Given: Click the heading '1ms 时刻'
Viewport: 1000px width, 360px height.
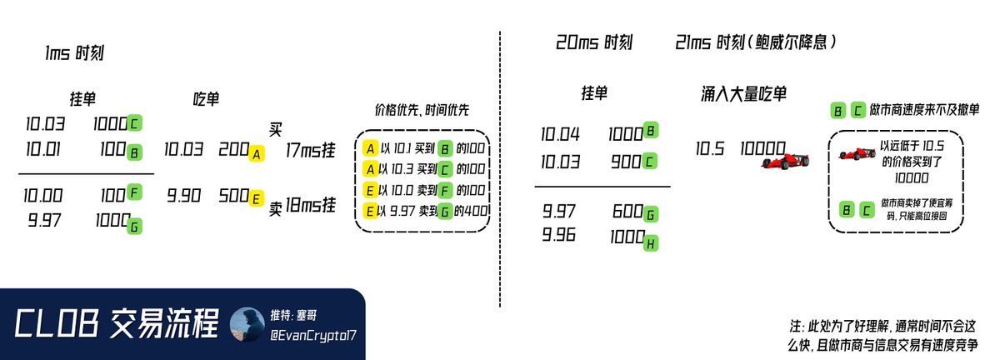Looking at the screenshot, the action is pos(74,54).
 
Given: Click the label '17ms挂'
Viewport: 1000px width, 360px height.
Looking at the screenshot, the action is pos(311,150).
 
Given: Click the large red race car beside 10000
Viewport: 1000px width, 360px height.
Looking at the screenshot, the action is pos(785,158).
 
